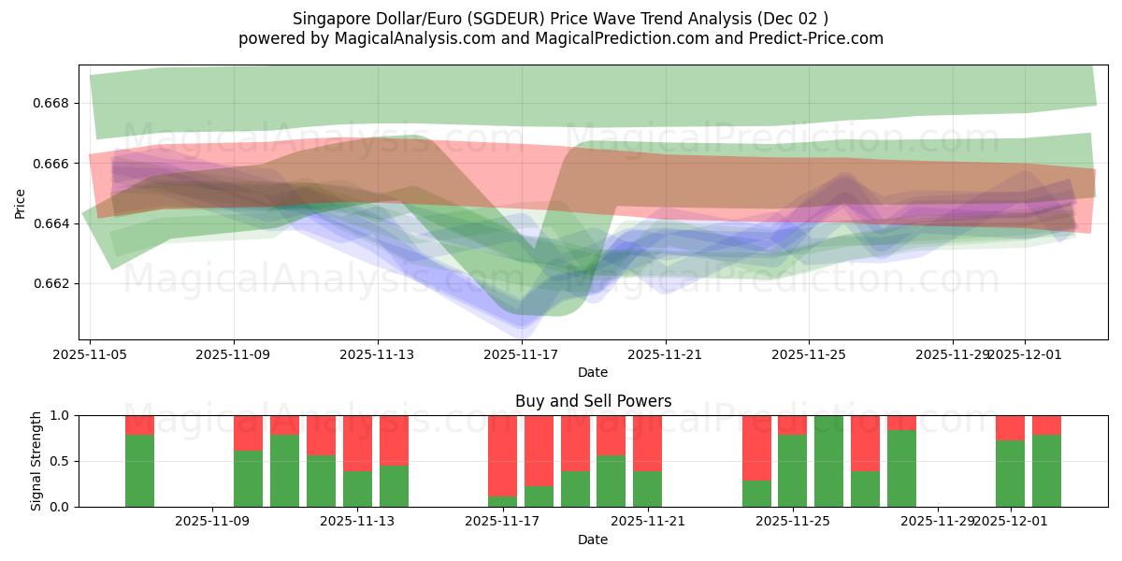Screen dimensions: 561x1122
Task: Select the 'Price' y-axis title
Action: tap(21, 202)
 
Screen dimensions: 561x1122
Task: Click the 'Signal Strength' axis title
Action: tap(37, 461)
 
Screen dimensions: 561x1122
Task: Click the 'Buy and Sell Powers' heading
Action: tap(593, 401)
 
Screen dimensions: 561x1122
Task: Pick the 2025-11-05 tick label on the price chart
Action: tap(91, 354)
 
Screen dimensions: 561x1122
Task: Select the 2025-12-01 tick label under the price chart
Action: tap(1025, 354)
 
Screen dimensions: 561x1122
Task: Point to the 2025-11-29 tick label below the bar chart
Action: tap(937, 521)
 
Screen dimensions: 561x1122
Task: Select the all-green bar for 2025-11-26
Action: tap(828, 461)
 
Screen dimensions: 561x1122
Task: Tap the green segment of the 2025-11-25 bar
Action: tap(792, 471)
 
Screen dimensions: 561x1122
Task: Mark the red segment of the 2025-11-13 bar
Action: tap(357, 443)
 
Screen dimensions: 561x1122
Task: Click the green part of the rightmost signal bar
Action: tap(1046, 471)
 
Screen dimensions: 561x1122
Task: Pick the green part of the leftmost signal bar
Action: tap(139, 471)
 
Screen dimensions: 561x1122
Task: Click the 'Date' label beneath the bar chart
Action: tap(593, 539)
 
